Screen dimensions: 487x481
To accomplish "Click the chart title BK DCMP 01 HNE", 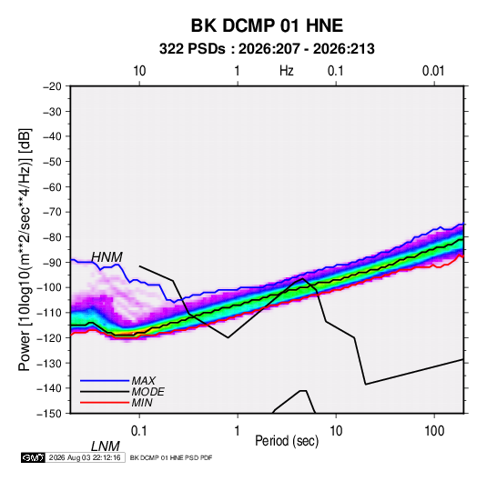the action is point(267,25).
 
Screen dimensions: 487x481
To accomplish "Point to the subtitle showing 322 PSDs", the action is point(267,49).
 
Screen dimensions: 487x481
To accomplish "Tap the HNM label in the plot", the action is point(107,257).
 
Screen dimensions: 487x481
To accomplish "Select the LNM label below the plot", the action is point(106,446).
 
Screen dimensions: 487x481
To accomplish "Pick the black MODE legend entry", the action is point(122,392).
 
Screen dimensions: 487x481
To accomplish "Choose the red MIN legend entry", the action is point(117,403).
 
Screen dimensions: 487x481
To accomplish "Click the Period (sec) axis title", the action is point(287,441).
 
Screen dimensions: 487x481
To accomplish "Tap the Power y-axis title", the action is point(25,249).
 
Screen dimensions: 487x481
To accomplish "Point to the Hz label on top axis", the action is point(287,71).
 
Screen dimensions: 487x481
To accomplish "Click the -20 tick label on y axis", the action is point(52,86).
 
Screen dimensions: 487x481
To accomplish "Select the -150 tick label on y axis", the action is point(49,414).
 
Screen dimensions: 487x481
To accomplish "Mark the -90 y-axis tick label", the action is point(52,263).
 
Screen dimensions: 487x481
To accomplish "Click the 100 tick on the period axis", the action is point(434,431).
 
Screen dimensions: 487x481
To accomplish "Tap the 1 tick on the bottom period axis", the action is point(238,431).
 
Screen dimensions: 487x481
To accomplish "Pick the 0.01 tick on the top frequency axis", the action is point(433,71).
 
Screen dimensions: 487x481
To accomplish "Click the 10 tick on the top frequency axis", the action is point(139,71).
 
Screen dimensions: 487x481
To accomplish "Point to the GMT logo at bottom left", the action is point(33,457).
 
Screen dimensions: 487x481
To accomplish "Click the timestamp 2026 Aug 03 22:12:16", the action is point(85,457).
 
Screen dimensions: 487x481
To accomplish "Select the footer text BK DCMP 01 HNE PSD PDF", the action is point(171,457).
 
